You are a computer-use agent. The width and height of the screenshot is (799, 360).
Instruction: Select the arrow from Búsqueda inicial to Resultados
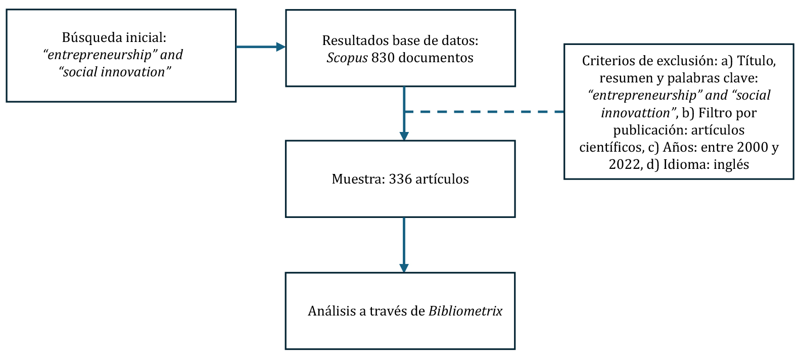260,47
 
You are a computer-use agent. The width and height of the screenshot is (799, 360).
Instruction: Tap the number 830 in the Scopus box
383,58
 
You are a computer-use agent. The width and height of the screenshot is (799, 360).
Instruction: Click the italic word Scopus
347,58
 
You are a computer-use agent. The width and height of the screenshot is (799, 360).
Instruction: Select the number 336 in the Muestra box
400,179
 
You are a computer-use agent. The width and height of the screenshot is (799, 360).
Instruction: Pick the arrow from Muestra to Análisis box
404,245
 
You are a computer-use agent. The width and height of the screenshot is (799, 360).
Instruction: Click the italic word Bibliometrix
465,311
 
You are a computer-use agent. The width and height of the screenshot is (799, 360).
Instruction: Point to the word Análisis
332,311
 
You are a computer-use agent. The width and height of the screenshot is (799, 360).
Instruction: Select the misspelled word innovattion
636,113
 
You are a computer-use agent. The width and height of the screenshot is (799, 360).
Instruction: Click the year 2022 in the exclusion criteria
625,164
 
